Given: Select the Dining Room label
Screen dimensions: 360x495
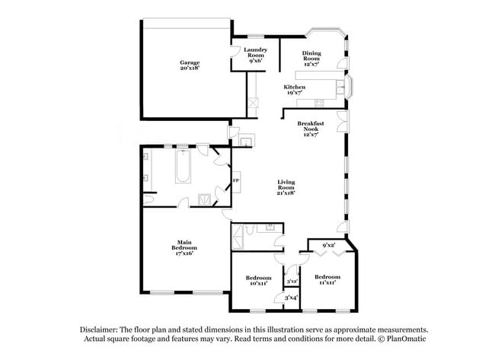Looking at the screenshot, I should click(x=311, y=56).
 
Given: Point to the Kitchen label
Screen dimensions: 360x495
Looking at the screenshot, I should click(x=295, y=88).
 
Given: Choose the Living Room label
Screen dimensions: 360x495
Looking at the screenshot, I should click(x=286, y=183).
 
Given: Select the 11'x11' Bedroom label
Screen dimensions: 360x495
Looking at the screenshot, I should click(x=327, y=279).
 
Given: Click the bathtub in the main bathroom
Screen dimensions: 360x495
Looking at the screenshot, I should click(x=183, y=167).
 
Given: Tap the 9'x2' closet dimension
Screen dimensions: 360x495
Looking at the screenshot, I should click(x=329, y=246).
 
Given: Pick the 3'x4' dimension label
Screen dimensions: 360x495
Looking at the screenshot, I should click(x=291, y=298).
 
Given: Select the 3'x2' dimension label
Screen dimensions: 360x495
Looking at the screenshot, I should click(x=291, y=282).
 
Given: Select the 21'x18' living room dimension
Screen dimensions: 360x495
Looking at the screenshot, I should click(x=286, y=193).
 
